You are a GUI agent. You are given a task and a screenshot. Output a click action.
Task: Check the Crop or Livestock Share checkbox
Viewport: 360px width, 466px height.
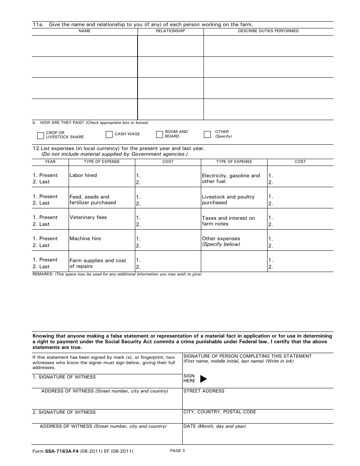[41, 135]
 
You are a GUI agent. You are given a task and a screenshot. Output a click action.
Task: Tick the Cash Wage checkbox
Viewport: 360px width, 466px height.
[109, 134]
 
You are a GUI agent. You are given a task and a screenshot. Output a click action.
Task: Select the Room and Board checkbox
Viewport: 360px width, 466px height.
[159, 134]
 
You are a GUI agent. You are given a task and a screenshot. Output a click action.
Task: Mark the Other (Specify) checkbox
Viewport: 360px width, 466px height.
[207, 134]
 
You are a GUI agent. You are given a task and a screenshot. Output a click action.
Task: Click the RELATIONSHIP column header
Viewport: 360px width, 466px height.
[171, 31]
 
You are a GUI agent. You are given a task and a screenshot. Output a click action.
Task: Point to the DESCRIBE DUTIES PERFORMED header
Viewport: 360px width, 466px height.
[268, 31]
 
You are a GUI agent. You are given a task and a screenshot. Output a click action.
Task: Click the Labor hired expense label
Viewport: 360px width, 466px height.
[83, 175]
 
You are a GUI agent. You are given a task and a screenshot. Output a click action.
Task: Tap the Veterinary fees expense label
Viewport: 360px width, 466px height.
[88, 217]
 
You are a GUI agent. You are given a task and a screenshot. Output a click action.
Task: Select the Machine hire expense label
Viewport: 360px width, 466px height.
[85, 239]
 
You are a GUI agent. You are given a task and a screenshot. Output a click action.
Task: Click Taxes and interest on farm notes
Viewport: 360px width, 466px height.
[228, 221]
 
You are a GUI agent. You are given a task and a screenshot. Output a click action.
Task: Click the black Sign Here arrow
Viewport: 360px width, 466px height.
[203, 378]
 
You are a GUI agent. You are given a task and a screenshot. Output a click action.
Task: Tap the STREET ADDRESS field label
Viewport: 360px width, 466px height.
[204, 391]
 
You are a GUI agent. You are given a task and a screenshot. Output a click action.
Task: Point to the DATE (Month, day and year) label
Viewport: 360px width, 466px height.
[214, 426]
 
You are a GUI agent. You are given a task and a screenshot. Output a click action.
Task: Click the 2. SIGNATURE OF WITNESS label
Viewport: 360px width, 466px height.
[64, 412]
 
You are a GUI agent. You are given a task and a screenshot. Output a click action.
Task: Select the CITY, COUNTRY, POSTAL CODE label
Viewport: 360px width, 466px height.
[220, 412]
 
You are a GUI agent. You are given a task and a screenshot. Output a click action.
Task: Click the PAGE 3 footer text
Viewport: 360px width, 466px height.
[177, 451]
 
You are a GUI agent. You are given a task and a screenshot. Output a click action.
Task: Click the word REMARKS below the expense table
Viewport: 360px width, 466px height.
[43, 274]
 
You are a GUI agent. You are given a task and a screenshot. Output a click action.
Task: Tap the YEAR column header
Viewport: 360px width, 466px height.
[50, 162]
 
